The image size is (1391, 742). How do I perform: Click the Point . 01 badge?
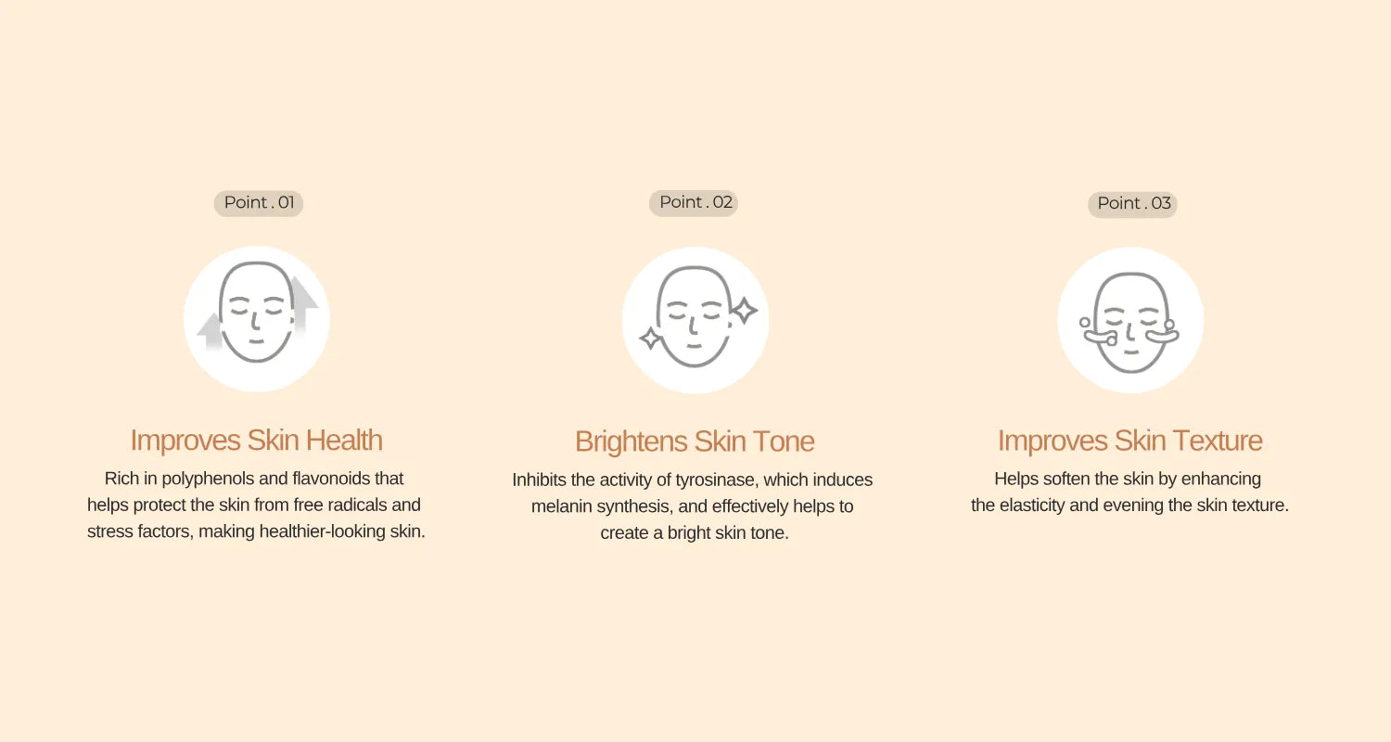[259, 203]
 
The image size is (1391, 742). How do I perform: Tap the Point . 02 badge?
[694, 202]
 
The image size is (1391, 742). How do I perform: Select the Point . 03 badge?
[1132, 204]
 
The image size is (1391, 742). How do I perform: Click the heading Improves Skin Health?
[256, 440]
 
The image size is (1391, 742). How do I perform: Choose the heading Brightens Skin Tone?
[695, 441]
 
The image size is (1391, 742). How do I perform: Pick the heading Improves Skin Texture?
[1129, 441]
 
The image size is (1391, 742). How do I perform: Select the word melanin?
[558, 506]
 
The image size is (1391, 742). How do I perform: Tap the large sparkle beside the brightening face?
[744, 310]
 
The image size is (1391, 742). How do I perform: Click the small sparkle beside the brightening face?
[651, 339]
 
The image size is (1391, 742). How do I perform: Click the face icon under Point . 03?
[1129, 321]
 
